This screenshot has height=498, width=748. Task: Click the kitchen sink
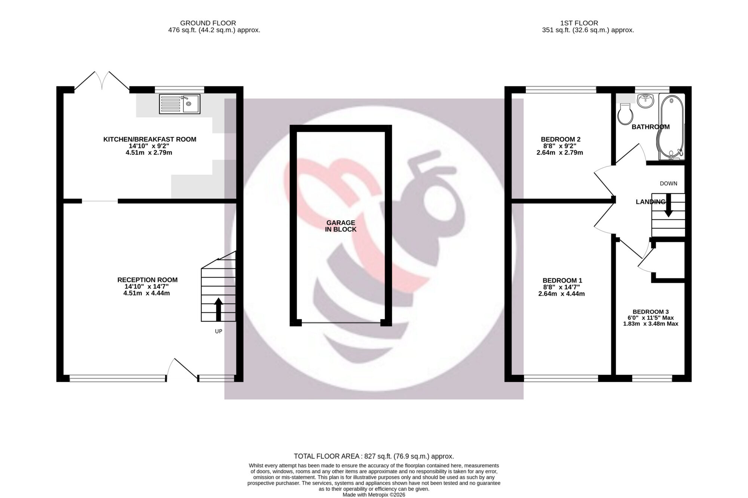[x=180, y=104]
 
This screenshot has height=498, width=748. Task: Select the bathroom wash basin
[x=646, y=101]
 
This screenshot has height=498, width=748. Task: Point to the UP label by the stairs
[x=218, y=331]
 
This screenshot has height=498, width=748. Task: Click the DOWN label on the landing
[x=668, y=184]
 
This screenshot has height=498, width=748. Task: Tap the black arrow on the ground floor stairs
[x=218, y=309]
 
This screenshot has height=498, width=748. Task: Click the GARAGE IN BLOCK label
[x=341, y=226]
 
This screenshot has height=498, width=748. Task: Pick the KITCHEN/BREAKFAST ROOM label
[x=150, y=139]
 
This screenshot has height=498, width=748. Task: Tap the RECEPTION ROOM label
[x=147, y=280]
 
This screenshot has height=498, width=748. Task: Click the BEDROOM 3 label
[x=651, y=312]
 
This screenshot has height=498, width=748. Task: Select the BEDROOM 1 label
[x=562, y=280]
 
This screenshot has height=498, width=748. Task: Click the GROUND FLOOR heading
[x=208, y=23]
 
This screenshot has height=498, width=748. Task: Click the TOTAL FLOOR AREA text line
[x=374, y=456]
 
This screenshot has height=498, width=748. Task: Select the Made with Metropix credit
[x=374, y=495]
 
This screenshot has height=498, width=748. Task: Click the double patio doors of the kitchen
[x=102, y=80]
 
